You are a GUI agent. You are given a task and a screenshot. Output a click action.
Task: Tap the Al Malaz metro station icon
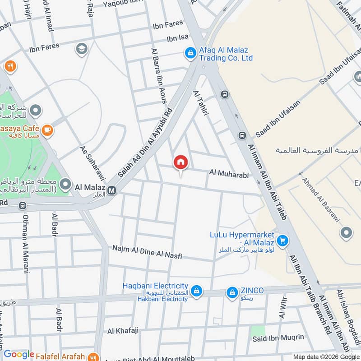(x=112, y=191)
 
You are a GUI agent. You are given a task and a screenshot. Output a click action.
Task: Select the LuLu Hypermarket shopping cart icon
(x=282, y=241)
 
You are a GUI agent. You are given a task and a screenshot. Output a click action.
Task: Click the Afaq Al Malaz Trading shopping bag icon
(x=190, y=53)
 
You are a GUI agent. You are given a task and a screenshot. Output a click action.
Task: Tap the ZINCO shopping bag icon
(x=232, y=292)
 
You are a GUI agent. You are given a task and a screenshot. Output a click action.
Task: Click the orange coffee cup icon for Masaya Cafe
(x=47, y=130)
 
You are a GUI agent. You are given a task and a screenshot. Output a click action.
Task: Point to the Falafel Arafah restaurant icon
(x=93, y=356)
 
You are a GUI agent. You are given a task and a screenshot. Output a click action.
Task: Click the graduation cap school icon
(x=82, y=49)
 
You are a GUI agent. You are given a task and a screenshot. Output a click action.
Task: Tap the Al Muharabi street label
(x=229, y=173)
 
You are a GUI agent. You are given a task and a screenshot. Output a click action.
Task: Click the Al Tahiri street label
(x=201, y=104)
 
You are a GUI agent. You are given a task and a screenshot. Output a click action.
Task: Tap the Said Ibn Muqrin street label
(x=278, y=337)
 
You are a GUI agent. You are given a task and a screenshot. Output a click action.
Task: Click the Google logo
(x=19, y=355)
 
